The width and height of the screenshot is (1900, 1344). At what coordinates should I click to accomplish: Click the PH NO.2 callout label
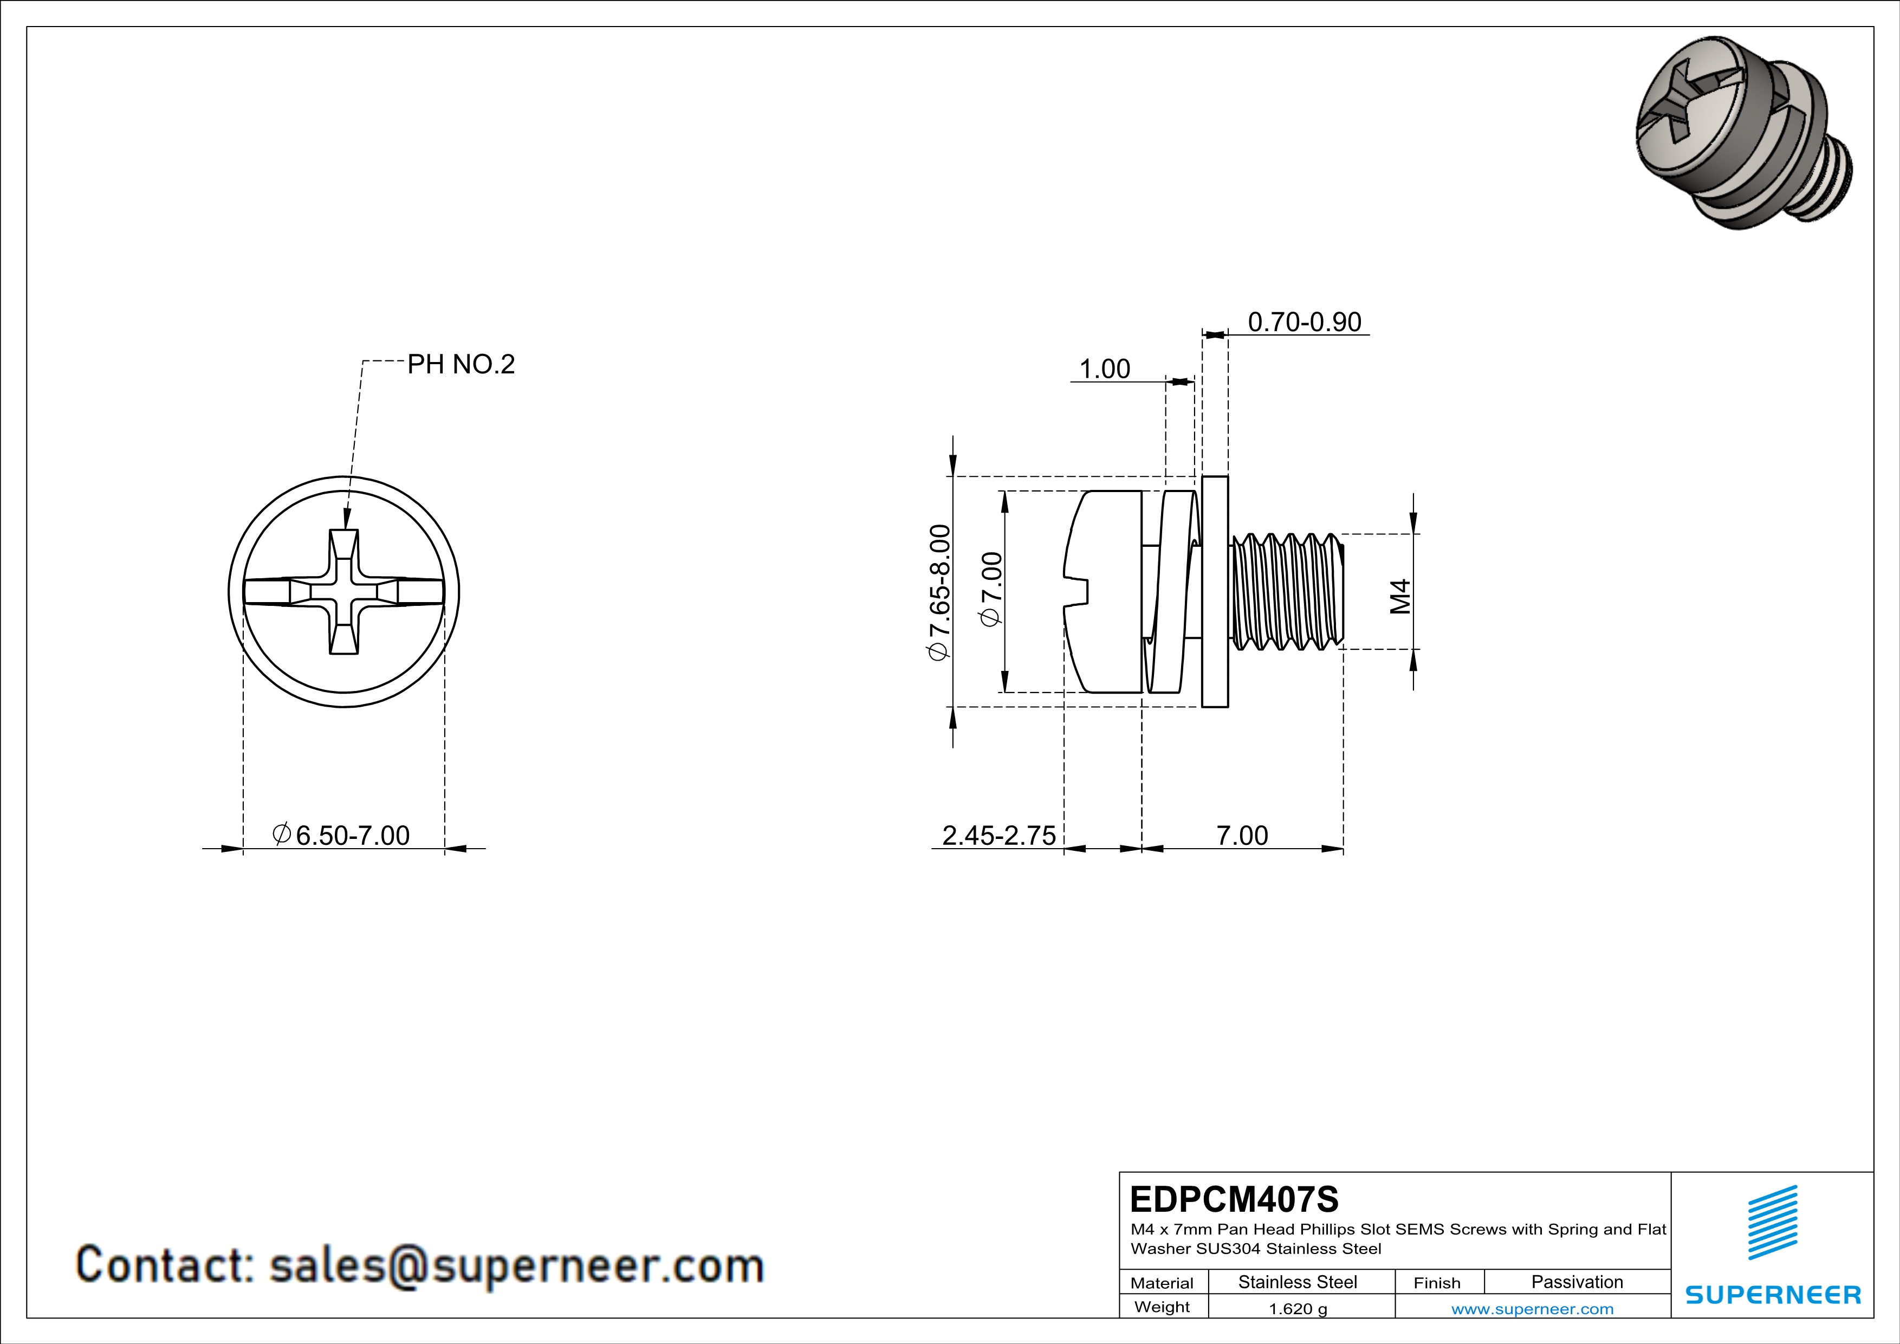[461, 364]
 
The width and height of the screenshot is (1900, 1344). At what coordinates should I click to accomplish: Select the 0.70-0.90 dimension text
[1304, 322]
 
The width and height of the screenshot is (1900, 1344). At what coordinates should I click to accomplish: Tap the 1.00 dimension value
[1105, 369]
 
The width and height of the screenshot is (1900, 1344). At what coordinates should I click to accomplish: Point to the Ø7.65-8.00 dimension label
[939, 592]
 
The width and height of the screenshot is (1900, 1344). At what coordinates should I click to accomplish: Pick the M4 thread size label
[1399, 596]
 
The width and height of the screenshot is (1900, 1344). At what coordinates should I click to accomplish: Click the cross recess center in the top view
[344, 592]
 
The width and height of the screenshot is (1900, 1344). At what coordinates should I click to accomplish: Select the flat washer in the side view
[1215, 592]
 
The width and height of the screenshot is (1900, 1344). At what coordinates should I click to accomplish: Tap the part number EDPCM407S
[1234, 1199]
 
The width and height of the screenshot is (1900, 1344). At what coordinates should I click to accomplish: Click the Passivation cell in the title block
[1577, 1282]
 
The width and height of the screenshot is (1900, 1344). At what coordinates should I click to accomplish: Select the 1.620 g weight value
[1298, 1308]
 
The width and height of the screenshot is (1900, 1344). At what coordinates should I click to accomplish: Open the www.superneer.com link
[1532, 1308]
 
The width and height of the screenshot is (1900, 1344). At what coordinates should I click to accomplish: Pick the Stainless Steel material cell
[1298, 1282]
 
